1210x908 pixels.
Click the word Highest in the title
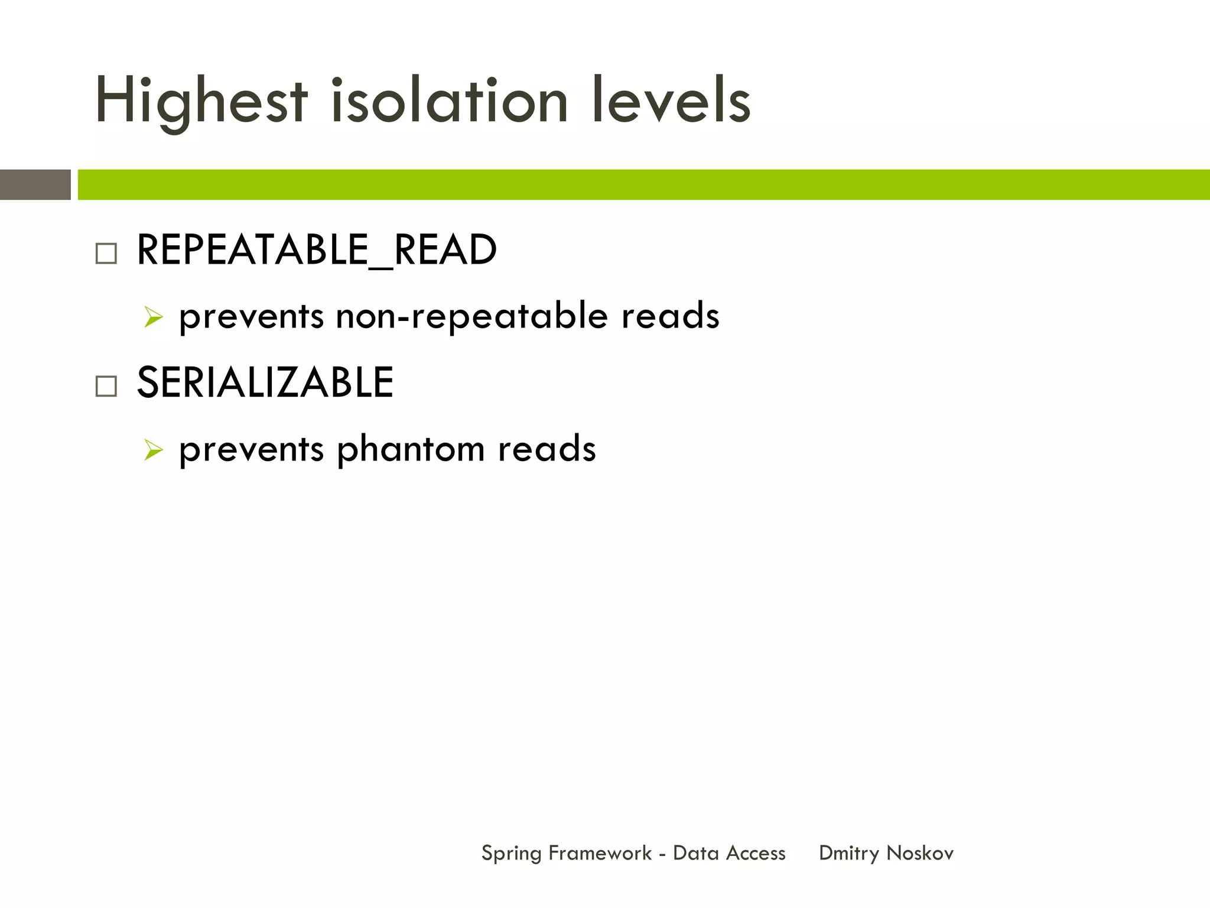coord(201,102)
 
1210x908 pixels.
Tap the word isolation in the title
coord(449,102)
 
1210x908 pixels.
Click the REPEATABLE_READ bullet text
coord(317,251)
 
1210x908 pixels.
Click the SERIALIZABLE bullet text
coord(265,383)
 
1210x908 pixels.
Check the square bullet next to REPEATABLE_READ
coord(106,254)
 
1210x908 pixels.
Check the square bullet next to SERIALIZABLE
coord(106,387)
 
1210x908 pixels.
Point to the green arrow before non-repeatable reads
coord(153,317)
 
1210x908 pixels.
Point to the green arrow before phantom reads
coord(153,450)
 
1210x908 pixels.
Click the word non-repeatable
coord(471,316)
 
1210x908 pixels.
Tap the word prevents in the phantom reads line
coord(251,449)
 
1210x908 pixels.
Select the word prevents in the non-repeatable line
coord(251,316)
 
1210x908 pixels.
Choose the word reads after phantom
coord(547,449)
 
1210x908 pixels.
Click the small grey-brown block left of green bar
coord(35,184)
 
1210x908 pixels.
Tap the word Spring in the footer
coord(511,854)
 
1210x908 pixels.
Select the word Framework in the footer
coord(600,853)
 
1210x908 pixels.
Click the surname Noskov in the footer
coord(920,853)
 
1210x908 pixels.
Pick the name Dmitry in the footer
coord(849,854)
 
